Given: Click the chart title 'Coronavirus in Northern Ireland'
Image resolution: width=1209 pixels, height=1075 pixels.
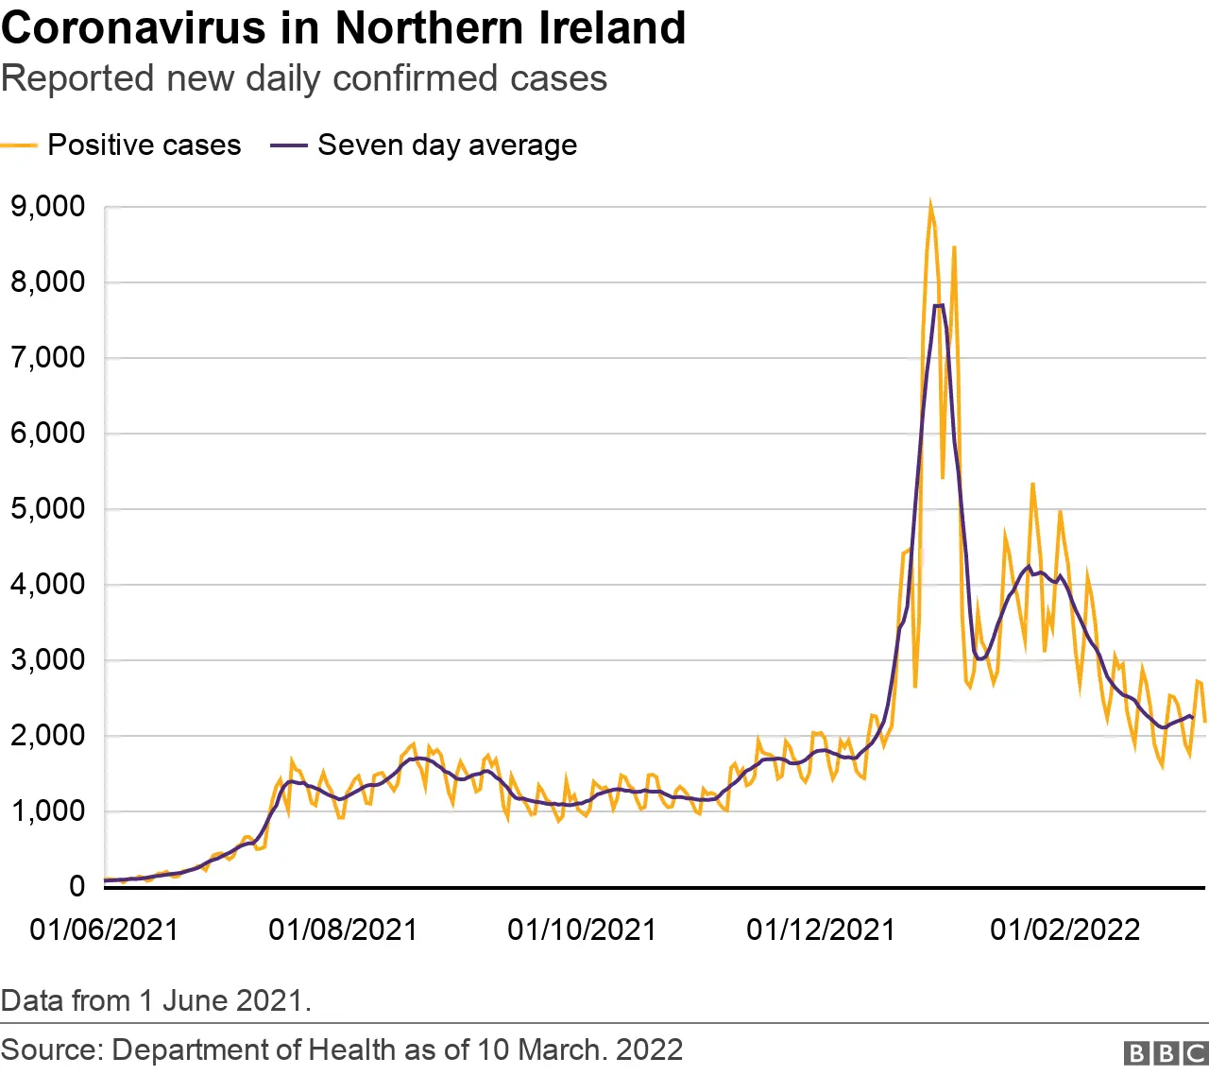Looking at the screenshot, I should pos(343,28).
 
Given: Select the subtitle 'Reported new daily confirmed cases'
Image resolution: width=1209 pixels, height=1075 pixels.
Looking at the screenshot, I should pos(304,78).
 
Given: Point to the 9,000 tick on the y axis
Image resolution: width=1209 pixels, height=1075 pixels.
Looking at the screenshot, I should pos(47,206).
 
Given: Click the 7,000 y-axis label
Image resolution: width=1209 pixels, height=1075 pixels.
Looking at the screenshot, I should pos(47,357).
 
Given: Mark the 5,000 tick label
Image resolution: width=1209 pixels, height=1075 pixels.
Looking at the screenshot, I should pos(47,508).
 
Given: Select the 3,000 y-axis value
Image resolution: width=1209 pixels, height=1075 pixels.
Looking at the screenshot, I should pos(47,659).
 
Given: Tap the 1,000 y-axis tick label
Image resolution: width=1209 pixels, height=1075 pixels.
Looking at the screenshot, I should pos(47,811).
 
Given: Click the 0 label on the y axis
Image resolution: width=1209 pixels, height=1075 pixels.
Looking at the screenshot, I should pos(76,886).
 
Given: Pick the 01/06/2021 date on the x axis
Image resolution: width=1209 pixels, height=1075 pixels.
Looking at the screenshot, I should pos(104,930).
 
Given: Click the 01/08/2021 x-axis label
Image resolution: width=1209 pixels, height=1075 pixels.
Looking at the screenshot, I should pos(343,930).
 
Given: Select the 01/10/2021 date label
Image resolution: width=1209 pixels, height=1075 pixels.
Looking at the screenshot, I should pos(582,930).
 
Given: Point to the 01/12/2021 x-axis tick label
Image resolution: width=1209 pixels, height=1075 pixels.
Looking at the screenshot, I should pos(821,930).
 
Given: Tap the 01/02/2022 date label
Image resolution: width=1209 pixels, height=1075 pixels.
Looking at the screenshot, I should pos(1064,930).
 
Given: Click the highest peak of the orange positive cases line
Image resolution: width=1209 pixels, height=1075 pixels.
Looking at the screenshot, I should pos(930,203).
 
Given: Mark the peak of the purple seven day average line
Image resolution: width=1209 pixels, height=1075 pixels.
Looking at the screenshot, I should pos(939,305).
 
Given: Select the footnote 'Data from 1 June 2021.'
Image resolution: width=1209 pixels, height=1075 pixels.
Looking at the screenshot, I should pos(156,1000).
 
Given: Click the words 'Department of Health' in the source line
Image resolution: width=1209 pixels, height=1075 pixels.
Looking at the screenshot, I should pos(252,1049).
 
